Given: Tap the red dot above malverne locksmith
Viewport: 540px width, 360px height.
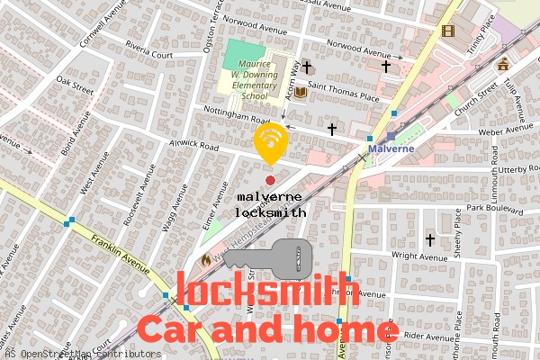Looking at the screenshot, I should click(270, 181).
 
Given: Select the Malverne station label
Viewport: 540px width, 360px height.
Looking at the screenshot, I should click(391, 148).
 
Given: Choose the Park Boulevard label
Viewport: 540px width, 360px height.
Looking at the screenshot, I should click(507, 209).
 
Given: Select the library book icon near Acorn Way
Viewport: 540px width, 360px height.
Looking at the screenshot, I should click(301, 92).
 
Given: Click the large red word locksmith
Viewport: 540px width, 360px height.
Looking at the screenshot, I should click(267, 290).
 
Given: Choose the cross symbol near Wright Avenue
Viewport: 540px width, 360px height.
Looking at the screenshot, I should click(429, 240).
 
